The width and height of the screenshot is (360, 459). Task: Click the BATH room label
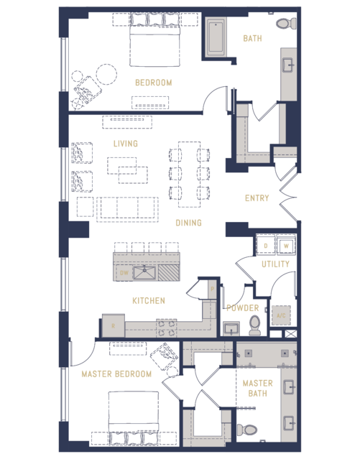pos(252,38)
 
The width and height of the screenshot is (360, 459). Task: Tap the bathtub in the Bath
pos(216,37)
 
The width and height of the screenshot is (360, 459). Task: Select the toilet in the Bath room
pos(286,24)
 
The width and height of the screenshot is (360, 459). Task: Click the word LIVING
pos(125,144)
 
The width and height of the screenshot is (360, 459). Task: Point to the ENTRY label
pos(257,198)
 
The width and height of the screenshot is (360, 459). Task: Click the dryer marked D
pos(266,246)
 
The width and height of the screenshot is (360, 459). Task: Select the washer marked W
pos(286,246)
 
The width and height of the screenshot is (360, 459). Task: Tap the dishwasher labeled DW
pos(124,273)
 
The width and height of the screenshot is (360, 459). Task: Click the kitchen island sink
pos(144,273)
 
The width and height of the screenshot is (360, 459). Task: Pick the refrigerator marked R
pos(114,326)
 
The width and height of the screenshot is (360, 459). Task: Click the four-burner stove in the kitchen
pos(167,328)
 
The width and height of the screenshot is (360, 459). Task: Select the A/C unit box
pos(281,315)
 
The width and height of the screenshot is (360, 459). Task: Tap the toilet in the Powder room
pos(255,325)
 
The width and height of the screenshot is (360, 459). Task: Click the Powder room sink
pos(231,329)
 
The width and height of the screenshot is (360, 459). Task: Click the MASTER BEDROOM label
pos(116,374)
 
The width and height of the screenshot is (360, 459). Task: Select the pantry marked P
pos(213,289)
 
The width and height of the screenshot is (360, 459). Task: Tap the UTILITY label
pos(275,264)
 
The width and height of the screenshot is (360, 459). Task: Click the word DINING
pos(189,223)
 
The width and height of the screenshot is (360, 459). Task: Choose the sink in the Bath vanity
pos(289,65)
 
